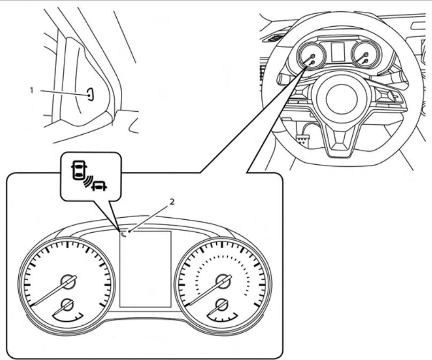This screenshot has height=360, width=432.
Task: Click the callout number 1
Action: tap(31, 90)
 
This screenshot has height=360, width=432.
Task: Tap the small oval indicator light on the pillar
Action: tap(90, 94)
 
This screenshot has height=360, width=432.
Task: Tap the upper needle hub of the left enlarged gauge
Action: tap(68, 280)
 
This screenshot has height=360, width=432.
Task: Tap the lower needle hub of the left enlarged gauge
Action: tap(67, 305)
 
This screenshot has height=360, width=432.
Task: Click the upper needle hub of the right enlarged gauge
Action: tap(222, 280)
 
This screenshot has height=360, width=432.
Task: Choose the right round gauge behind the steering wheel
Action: tap(365, 56)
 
